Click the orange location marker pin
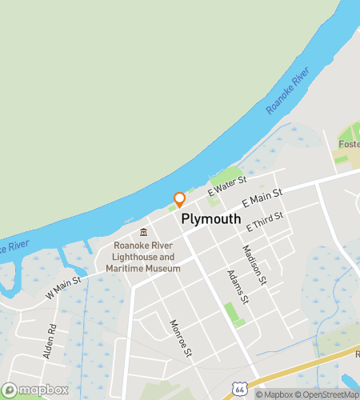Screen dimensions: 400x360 (179, 200)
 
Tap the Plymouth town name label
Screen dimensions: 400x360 (211, 218)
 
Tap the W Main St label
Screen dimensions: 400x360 (63, 288)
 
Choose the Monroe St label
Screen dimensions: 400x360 (181, 338)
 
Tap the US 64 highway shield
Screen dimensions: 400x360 (239, 388)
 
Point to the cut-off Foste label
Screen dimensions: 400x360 (349, 144)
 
